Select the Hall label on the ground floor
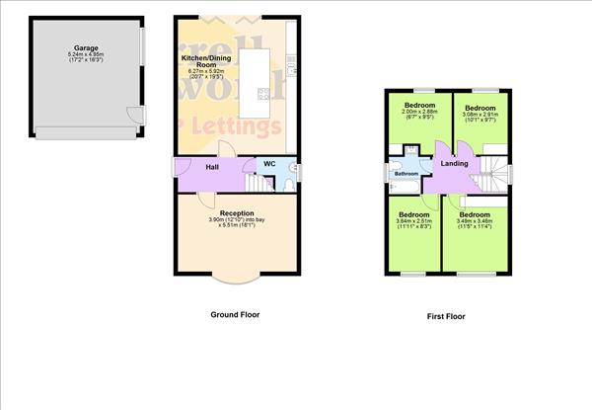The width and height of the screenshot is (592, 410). click(211, 167)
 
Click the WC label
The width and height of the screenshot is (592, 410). click(268, 164)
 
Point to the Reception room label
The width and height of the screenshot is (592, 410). click(237, 212)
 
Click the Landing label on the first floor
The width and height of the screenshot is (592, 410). click(454, 164)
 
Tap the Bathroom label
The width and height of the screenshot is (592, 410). click(407, 175)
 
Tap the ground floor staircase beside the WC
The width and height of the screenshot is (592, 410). click(259, 182)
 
